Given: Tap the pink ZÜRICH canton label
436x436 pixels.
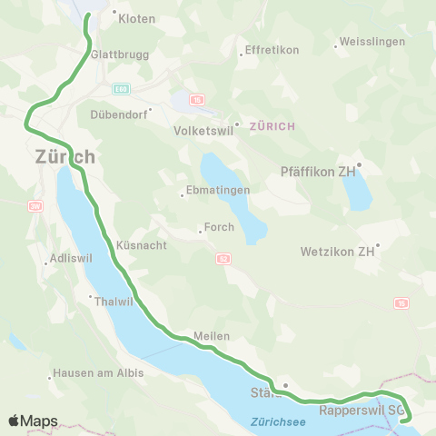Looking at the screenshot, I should [271, 125].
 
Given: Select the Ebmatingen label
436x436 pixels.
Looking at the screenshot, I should [214, 193].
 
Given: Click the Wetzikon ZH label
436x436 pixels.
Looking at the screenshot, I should [338, 251].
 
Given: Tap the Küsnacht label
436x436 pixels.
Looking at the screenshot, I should [139, 245].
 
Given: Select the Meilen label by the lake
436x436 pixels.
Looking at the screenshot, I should [211, 335].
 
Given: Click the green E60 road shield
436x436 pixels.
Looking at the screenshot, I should [121, 89].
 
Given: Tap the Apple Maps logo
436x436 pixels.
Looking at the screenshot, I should [33, 421].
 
